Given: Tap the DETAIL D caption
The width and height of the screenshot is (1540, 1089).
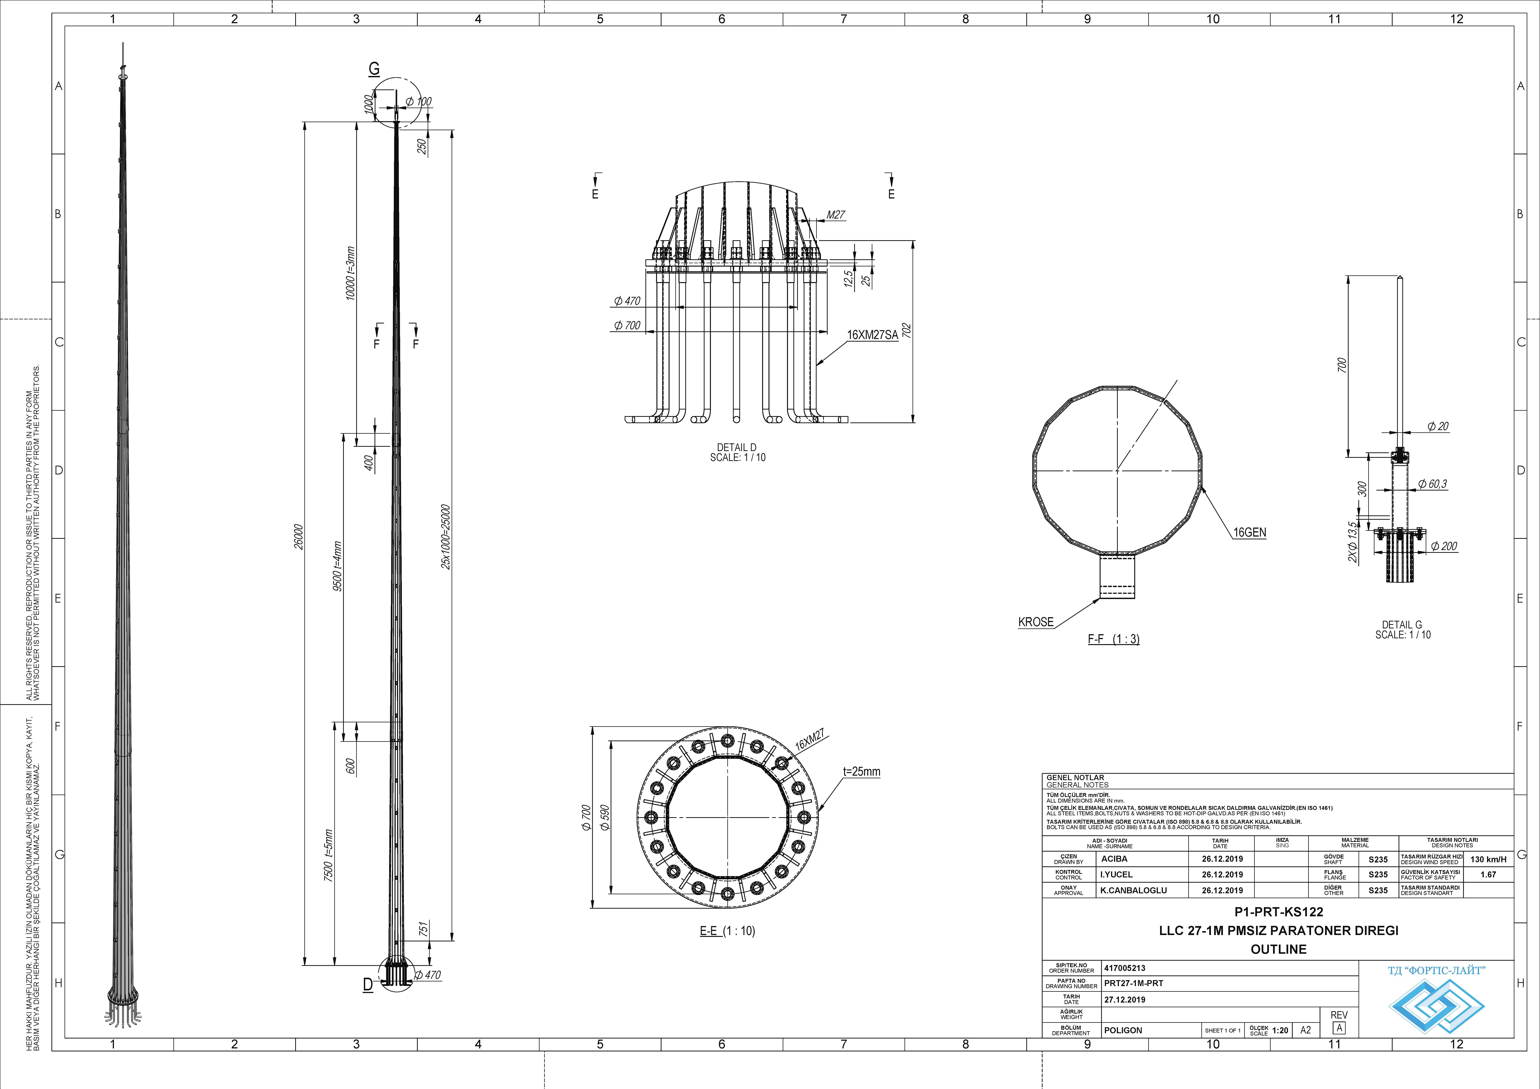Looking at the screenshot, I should click(x=737, y=447).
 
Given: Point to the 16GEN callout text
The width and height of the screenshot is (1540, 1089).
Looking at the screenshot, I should click(x=1250, y=533).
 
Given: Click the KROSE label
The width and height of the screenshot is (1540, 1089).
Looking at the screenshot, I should click(x=1036, y=622).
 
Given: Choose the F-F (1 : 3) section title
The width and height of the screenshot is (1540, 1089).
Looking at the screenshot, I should click(x=1113, y=639).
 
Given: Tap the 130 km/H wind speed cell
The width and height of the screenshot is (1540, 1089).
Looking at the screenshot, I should click(x=1488, y=859).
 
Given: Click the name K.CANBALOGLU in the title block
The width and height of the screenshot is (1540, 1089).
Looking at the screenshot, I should click(x=1133, y=891).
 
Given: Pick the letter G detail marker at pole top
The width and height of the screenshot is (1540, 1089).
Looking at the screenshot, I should click(x=374, y=68).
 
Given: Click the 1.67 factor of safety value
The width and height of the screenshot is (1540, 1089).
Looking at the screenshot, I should click(x=1488, y=874).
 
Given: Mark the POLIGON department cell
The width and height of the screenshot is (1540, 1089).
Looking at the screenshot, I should click(x=1123, y=1030).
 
